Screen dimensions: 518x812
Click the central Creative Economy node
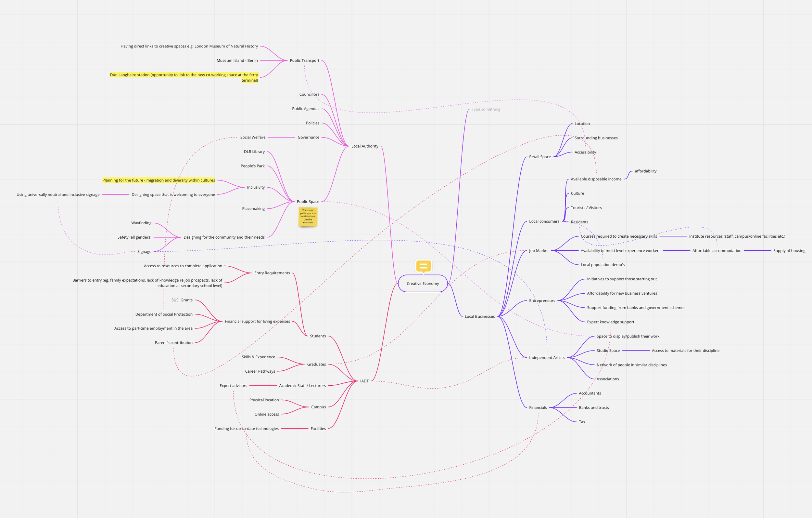click(423, 283)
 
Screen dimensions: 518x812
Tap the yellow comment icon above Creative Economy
click(424, 266)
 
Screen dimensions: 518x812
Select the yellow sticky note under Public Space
click(308, 217)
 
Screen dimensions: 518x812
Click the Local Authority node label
click(364, 146)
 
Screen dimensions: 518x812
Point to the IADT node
click(364, 381)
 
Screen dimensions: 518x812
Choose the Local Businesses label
click(479, 316)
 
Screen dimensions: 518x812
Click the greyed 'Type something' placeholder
click(486, 109)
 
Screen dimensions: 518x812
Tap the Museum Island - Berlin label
click(237, 60)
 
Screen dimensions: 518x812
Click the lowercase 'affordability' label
click(645, 171)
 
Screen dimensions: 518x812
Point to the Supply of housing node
click(789, 251)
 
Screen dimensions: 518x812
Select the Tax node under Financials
click(582, 422)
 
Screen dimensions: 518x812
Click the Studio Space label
click(608, 351)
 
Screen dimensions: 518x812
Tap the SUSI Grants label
click(182, 300)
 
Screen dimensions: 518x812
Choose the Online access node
click(266, 414)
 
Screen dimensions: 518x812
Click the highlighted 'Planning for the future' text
click(159, 180)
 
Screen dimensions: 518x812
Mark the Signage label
click(144, 252)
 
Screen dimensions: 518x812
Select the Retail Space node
click(539, 157)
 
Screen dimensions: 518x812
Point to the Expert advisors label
click(233, 386)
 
